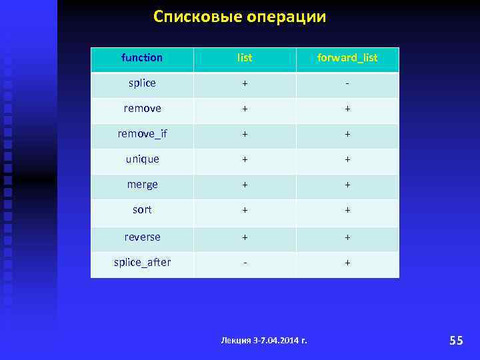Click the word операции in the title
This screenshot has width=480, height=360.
coord(287,17)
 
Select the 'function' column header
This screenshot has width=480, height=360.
coord(142,58)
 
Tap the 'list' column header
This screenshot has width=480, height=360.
coord(245,58)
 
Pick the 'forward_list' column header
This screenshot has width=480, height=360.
coord(347,58)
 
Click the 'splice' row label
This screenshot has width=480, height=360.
coord(142,83)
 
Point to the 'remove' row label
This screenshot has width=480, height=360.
coord(142,109)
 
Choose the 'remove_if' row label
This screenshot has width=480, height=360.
coord(142,134)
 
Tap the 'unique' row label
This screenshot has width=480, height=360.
coord(142,159)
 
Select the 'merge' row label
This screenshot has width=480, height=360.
coord(142,185)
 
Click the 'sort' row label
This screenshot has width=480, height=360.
coord(142,210)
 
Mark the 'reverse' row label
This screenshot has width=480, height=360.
coord(142,237)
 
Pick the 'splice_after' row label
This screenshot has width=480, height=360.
coord(142,263)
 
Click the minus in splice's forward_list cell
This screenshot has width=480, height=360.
coord(347,84)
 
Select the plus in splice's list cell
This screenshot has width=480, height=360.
coord(245,84)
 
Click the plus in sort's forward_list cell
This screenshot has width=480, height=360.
coord(347,211)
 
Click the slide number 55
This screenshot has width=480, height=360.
coord(456,341)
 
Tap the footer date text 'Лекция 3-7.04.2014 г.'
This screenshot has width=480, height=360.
coord(264,341)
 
